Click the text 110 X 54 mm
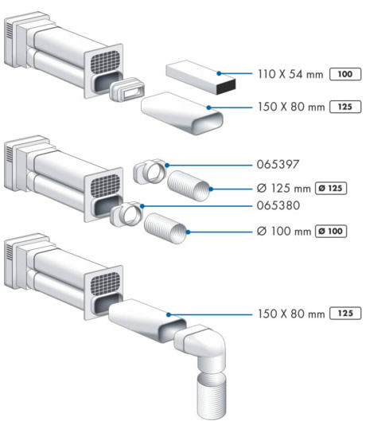(x=290, y=74)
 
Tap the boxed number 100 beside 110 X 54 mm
(x=345, y=74)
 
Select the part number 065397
(x=278, y=165)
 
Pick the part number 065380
(x=278, y=205)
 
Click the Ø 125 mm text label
(x=283, y=188)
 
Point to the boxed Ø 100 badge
(x=331, y=231)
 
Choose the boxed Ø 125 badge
(x=331, y=188)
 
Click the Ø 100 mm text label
(x=283, y=231)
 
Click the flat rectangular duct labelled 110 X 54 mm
(x=201, y=77)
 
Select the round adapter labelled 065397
(x=150, y=171)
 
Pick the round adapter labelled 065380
(x=127, y=214)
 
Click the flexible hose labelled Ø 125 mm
(x=189, y=186)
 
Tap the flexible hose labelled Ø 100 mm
(x=165, y=228)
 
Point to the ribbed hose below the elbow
(x=212, y=396)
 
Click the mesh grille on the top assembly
(x=104, y=62)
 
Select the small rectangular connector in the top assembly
(x=127, y=90)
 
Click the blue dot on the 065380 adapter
(x=142, y=206)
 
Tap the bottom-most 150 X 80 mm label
(x=291, y=314)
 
